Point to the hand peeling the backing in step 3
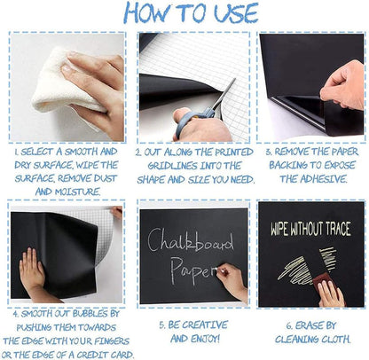tap(342, 85)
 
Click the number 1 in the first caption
tap(16, 152)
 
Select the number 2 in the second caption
tap(138, 152)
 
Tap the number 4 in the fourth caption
tap(16, 313)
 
